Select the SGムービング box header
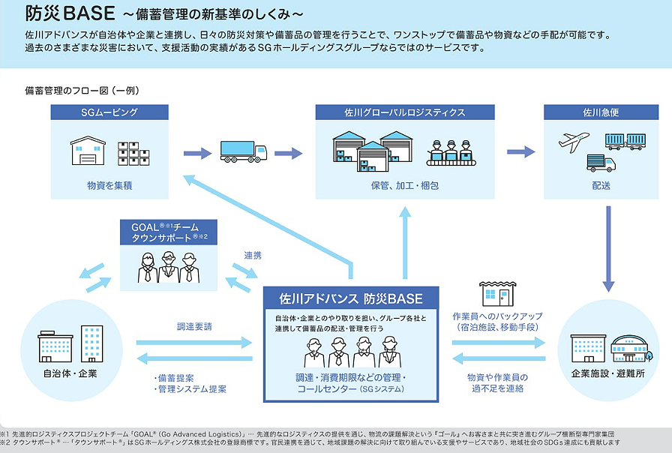109,112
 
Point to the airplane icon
574,141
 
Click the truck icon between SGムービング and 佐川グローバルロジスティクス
242,152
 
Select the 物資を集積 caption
109,183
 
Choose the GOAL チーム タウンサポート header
169,232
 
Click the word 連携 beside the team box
253,256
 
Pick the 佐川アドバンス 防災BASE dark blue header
350,298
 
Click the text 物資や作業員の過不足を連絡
497,382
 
